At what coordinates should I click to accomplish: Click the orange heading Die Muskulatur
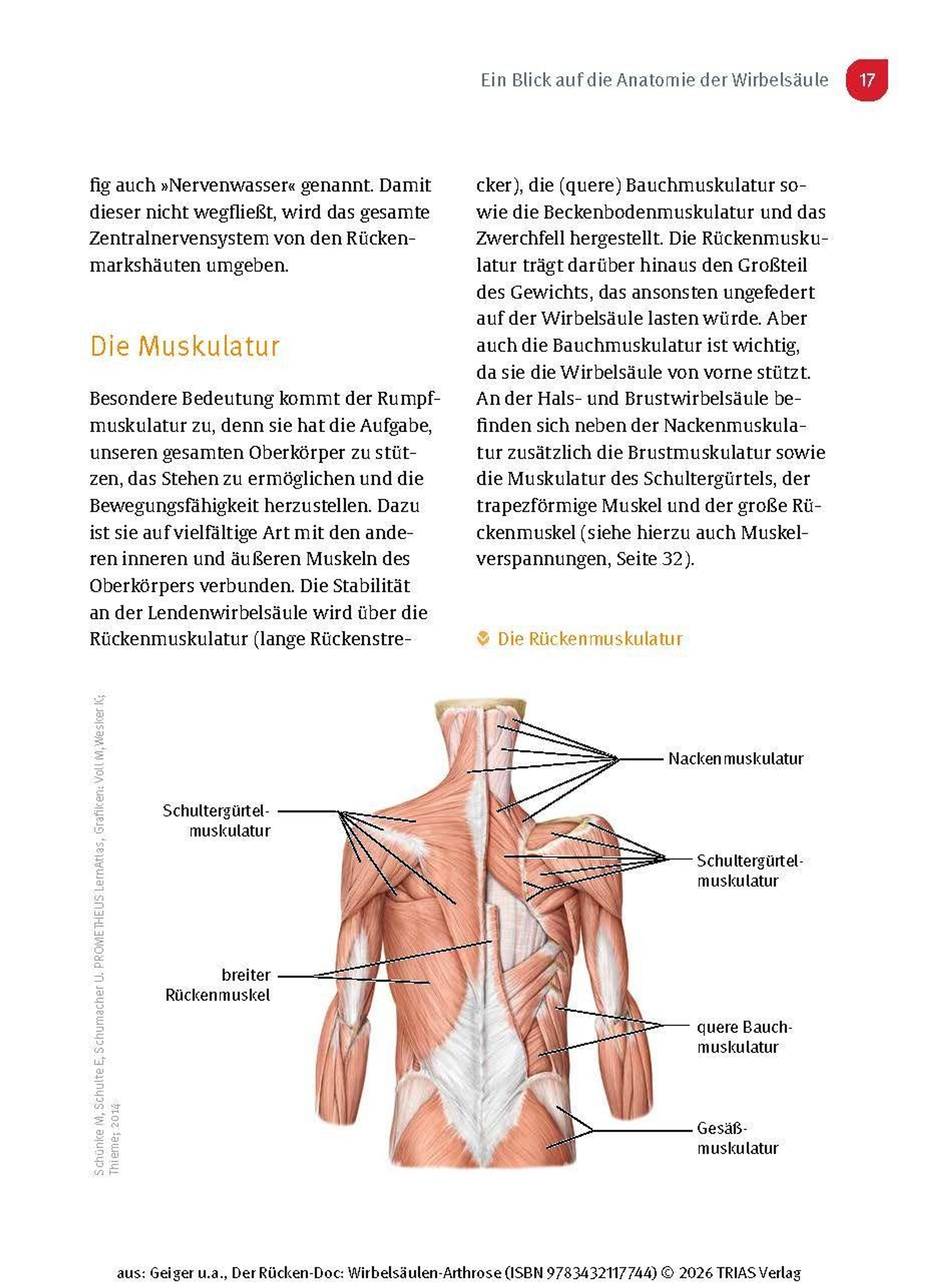coord(185,347)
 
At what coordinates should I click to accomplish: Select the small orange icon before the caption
coord(483,638)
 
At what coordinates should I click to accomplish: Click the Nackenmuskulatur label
coord(736,759)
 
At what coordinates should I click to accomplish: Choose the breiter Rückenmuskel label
coord(218,984)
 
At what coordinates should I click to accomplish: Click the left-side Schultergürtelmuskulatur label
coord(216,821)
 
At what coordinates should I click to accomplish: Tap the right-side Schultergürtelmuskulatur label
coord(749,870)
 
